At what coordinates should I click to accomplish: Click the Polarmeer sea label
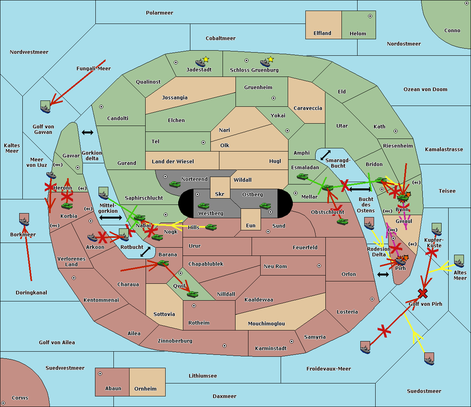click(159, 13)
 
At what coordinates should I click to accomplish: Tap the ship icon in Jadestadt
click(200, 62)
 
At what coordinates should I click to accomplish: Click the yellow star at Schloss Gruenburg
click(270, 59)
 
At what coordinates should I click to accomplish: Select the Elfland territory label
click(322, 33)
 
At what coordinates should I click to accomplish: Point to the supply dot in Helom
click(370, 16)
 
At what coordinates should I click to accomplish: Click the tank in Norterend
click(175, 184)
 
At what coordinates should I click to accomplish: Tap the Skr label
click(219, 194)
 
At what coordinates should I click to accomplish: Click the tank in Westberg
click(203, 206)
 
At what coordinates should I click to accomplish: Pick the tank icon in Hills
click(211, 227)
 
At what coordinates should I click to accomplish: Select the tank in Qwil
click(192, 294)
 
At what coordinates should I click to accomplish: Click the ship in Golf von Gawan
click(46, 107)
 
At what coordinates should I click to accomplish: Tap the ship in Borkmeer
click(24, 220)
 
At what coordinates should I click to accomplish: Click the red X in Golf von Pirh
click(423, 293)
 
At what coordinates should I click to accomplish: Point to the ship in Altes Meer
click(459, 261)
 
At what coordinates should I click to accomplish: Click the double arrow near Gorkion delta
click(87, 133)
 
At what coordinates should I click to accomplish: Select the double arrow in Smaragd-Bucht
click(325, 155)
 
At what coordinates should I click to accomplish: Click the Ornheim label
click(145, 389)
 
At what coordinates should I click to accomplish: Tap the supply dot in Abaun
click(100, 374)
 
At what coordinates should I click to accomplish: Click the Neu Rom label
click(275, 266)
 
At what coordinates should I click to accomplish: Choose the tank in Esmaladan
click(302, 177)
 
